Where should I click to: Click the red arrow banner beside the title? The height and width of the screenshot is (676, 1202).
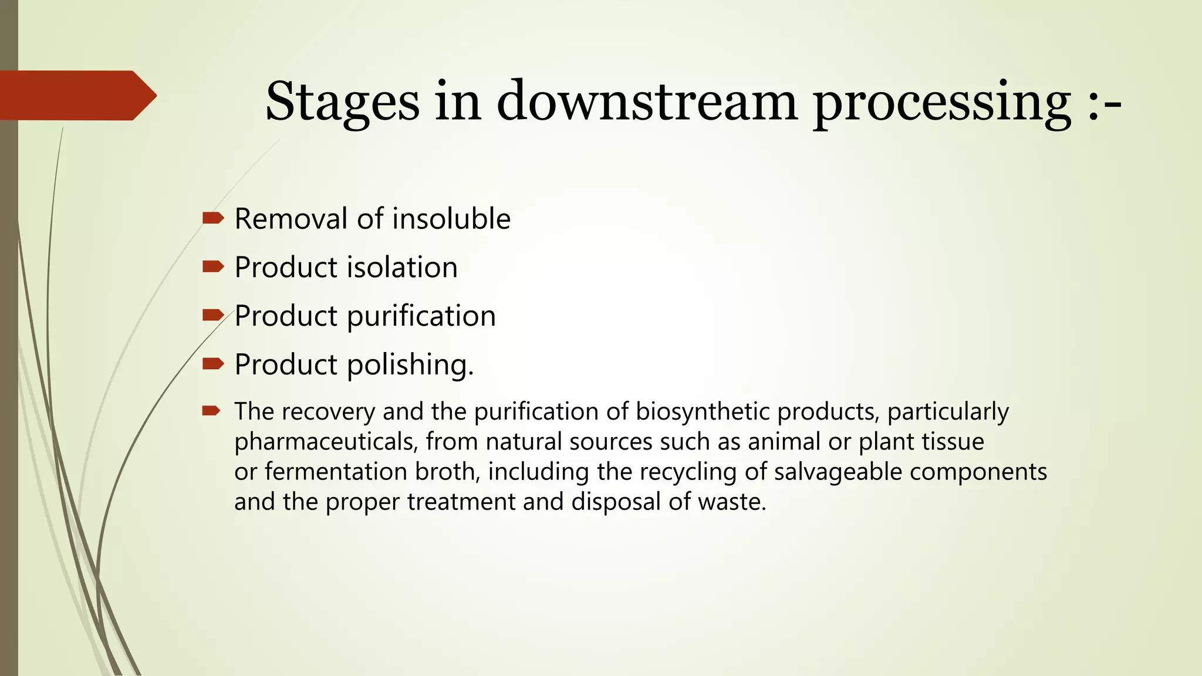(76, 95)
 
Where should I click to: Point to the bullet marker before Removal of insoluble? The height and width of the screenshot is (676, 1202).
(213, 219)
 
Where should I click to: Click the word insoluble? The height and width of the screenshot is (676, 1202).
(451, 219)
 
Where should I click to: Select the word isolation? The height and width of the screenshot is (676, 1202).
(402, 268)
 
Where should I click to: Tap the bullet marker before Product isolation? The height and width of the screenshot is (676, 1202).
(213, 268)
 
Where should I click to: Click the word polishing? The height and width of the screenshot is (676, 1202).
(410, 365)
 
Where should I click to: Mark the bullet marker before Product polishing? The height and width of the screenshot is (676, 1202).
(213, 364)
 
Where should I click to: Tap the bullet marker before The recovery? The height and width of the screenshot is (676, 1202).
(211, 411)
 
